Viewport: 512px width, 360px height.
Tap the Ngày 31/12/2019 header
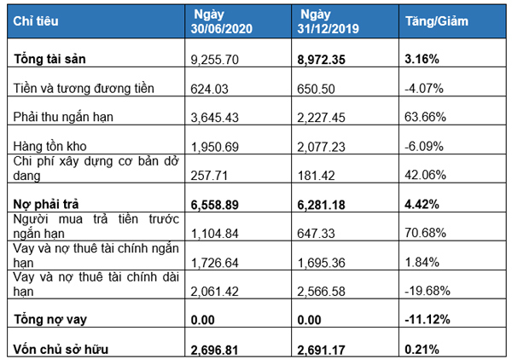click(x=328, y=20)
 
